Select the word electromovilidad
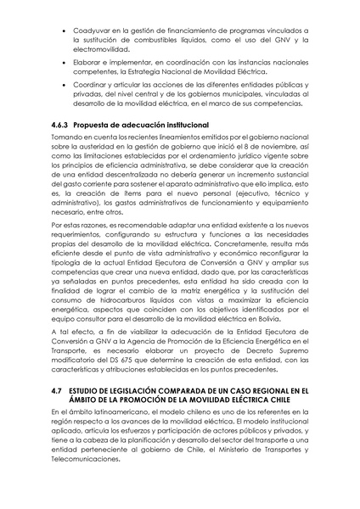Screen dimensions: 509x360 [104, 52]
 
